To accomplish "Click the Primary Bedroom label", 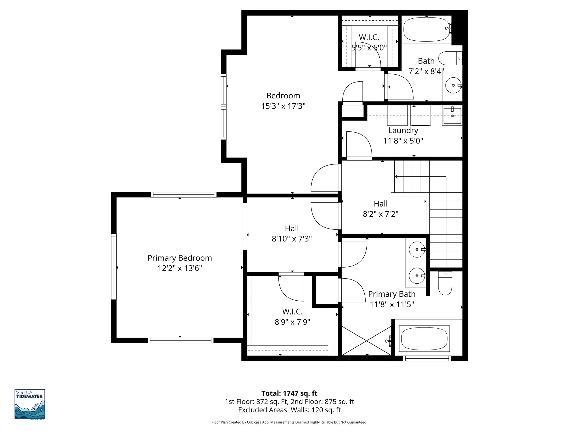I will [x=180, y=258].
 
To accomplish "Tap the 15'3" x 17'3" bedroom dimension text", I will [x=283, y=106].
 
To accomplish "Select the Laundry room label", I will [x=403, y=131].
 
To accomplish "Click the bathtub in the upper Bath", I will [x=426, y=30].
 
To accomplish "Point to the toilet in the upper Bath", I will [x=450, y=58].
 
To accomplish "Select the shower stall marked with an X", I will [x=367, y=340].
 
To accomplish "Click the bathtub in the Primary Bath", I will [x=424, y=339].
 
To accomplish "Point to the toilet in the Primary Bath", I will [x=445, y=283].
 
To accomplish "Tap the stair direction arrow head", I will [x=396, y=177].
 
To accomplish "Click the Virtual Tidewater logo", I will [x=30, y=404].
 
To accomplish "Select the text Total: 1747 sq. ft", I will [x=289, y=393].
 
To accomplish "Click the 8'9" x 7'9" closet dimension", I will [x=292, y=322].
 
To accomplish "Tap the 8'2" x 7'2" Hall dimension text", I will [x=381, y=214].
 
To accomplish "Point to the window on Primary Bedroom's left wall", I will [x=114, y=266].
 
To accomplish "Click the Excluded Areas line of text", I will [x=289, y=410].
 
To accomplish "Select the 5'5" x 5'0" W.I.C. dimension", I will [x=369, y=48].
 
